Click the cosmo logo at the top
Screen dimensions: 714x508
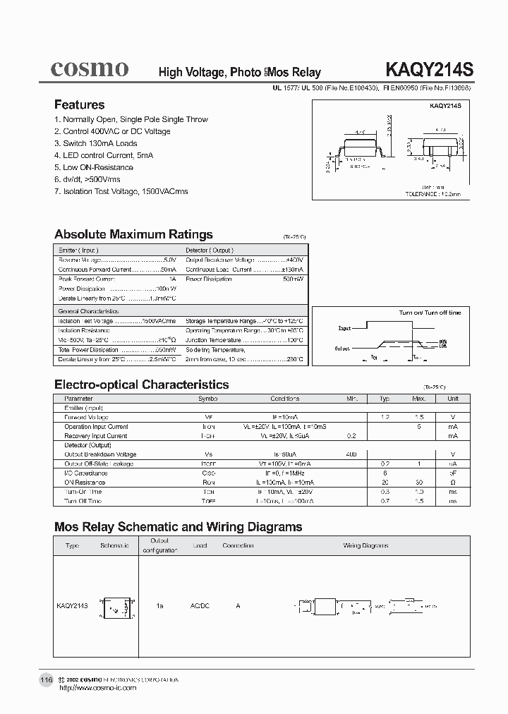89,68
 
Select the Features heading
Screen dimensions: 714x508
79,104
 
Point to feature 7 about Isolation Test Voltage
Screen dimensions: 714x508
121,191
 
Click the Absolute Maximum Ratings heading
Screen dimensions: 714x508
133,234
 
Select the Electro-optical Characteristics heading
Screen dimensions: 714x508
141,385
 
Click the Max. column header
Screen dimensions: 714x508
419,399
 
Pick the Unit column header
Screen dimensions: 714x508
452,399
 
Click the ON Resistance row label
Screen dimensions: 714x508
83,482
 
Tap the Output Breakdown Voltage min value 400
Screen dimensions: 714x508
352,454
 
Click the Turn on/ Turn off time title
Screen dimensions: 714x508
430,313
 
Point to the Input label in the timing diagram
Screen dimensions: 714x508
344,329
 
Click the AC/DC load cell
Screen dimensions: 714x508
201,606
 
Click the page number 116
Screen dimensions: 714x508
46,679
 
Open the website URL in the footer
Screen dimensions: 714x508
97,687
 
